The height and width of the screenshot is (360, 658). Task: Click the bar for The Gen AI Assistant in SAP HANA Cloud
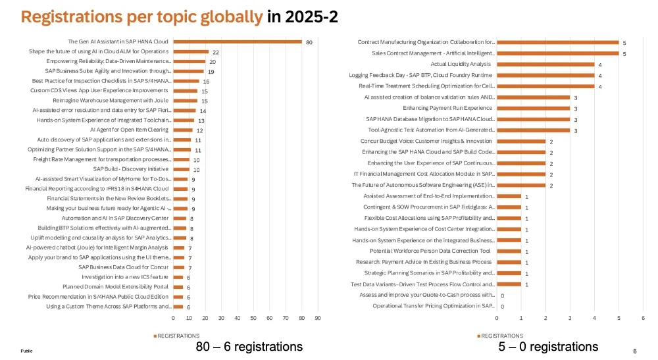tap(238, 41)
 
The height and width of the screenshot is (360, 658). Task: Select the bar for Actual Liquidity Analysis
tap(545, 64)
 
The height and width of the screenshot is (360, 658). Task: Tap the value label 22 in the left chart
tap(215, 51)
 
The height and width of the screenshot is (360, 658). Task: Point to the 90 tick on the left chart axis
tap(318, 319)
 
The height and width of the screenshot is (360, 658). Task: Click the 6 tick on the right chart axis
tap(642, 319)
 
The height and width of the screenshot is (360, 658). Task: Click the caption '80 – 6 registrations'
tap(249, 346)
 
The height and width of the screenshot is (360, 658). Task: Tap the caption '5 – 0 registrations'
tap(549, 346)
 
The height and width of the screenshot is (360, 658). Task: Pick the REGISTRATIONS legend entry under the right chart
tap(502, 336)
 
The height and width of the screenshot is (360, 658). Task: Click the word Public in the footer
tap(26, 351)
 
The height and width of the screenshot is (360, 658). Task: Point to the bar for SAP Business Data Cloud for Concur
tap(178, 267)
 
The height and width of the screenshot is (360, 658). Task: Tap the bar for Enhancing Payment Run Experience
tap(533, 108)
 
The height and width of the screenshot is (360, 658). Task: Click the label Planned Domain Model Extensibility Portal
tap(115, 287)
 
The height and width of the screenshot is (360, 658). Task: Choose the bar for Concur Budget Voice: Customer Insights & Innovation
tap(521, 141)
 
